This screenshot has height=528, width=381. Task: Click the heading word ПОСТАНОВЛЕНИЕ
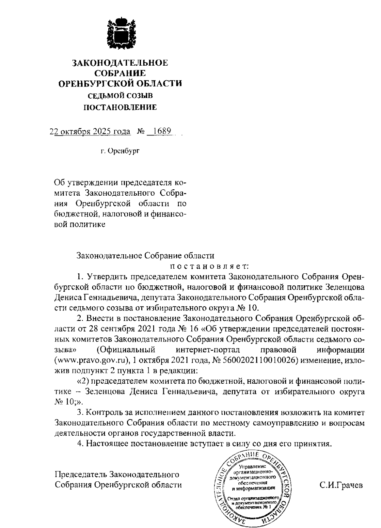coord(120,108)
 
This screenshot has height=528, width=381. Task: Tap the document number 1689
coord(161,131)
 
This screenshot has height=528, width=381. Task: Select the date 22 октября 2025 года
coord(90,131)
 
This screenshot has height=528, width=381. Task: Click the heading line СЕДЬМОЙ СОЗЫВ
coord(120,95)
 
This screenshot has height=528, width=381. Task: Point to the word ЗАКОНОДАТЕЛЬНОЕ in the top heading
coord(120,63)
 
